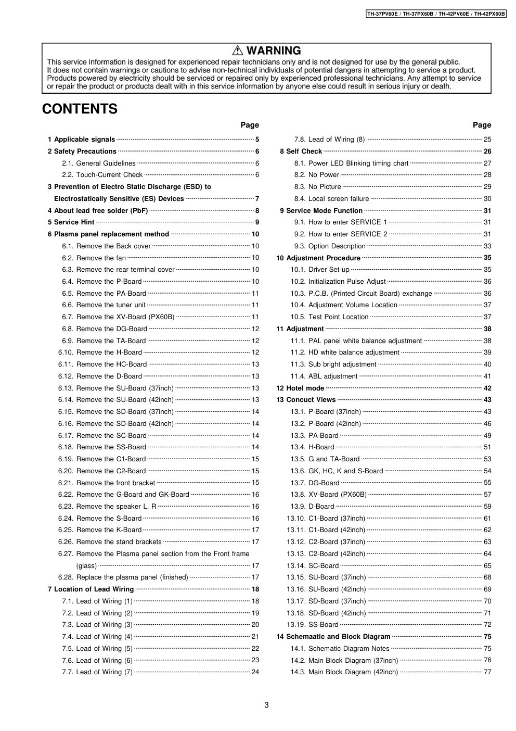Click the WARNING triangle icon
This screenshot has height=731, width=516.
238,51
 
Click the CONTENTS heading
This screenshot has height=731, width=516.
80,109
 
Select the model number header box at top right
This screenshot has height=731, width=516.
436,14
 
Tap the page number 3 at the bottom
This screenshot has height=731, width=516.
266,705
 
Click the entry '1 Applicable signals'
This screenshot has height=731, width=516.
81,140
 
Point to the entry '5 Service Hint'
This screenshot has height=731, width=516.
71,222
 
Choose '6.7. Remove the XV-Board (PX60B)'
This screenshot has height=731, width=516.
125,317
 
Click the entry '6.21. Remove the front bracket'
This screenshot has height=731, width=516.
115,483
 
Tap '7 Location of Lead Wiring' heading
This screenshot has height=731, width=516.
91,589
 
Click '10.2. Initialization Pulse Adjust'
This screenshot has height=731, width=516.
347,282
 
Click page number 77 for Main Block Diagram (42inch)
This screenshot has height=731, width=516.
487,672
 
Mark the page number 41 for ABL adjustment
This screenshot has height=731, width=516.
487,376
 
